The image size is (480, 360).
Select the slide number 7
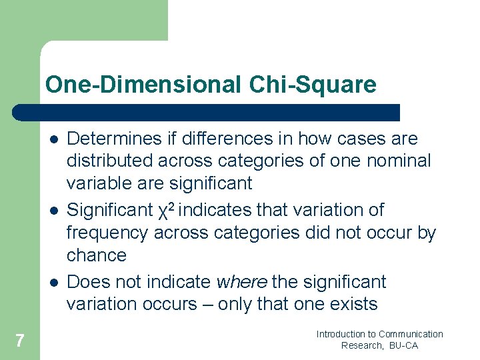[x=20, y=341]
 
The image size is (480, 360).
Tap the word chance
[x=97, y=255]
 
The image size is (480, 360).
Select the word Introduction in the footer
[x=341, y=334]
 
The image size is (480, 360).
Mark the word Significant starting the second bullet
[x=110, y=210]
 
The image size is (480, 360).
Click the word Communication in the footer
[x=411, y=334]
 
